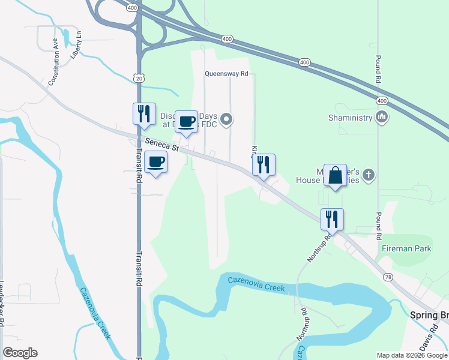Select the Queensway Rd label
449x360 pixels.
(226, 74)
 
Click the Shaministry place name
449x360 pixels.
(351, 118)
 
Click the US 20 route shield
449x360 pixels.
(139, 78)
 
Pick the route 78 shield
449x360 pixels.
(388, 277)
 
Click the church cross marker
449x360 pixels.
(369, 176)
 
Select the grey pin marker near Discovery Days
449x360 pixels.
(226, 120)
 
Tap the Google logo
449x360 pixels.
(20, 353)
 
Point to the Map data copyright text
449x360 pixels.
(412, 355)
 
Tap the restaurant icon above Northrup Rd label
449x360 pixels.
(332, 220)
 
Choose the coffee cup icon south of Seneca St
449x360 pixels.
(156, 162)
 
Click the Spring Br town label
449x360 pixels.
(429, 316)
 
